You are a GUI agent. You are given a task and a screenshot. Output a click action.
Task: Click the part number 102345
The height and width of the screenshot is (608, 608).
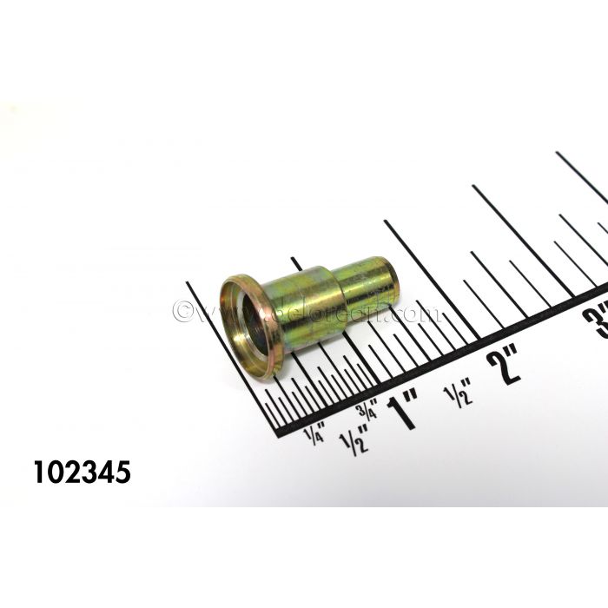82,473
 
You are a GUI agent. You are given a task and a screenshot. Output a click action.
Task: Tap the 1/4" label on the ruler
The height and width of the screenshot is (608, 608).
314,431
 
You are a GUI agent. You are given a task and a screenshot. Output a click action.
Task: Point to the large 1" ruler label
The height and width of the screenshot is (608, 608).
406,408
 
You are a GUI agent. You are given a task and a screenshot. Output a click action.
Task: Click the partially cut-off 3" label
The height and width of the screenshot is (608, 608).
597,321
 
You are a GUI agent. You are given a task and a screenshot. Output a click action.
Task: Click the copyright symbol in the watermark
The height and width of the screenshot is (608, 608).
182,311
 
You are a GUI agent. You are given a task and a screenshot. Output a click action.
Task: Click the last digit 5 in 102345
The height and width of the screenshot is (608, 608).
122,473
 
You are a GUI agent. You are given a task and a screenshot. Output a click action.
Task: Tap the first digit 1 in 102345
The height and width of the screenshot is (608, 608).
40,473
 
